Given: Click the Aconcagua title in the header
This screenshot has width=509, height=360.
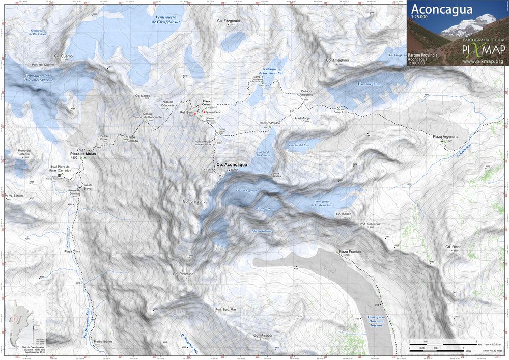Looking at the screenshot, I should click(441, 9).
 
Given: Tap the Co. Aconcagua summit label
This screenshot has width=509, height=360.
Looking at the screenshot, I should click(232, 165).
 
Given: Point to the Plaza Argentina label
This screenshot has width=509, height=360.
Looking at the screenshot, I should click(445, 137).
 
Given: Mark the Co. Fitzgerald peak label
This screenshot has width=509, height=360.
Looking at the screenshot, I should click(228, 21).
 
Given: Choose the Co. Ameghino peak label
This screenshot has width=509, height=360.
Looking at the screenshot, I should click(337, 60).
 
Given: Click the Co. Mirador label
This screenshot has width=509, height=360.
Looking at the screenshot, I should click(263, 336).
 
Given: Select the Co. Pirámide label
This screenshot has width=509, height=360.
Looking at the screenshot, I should click(183, 274).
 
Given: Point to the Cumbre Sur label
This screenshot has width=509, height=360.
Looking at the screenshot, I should click(193, 202).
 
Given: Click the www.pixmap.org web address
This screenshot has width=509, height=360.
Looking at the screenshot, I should click(483, 61).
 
